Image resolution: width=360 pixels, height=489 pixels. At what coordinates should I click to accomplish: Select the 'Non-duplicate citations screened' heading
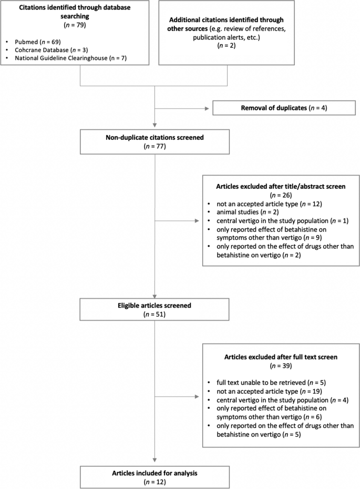click(155, 138)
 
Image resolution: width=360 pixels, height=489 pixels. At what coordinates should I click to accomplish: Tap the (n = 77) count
click(155, 147)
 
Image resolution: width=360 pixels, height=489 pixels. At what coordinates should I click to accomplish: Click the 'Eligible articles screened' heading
click(155, 305)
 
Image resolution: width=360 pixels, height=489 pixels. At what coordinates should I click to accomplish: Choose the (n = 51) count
click(155, 314)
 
